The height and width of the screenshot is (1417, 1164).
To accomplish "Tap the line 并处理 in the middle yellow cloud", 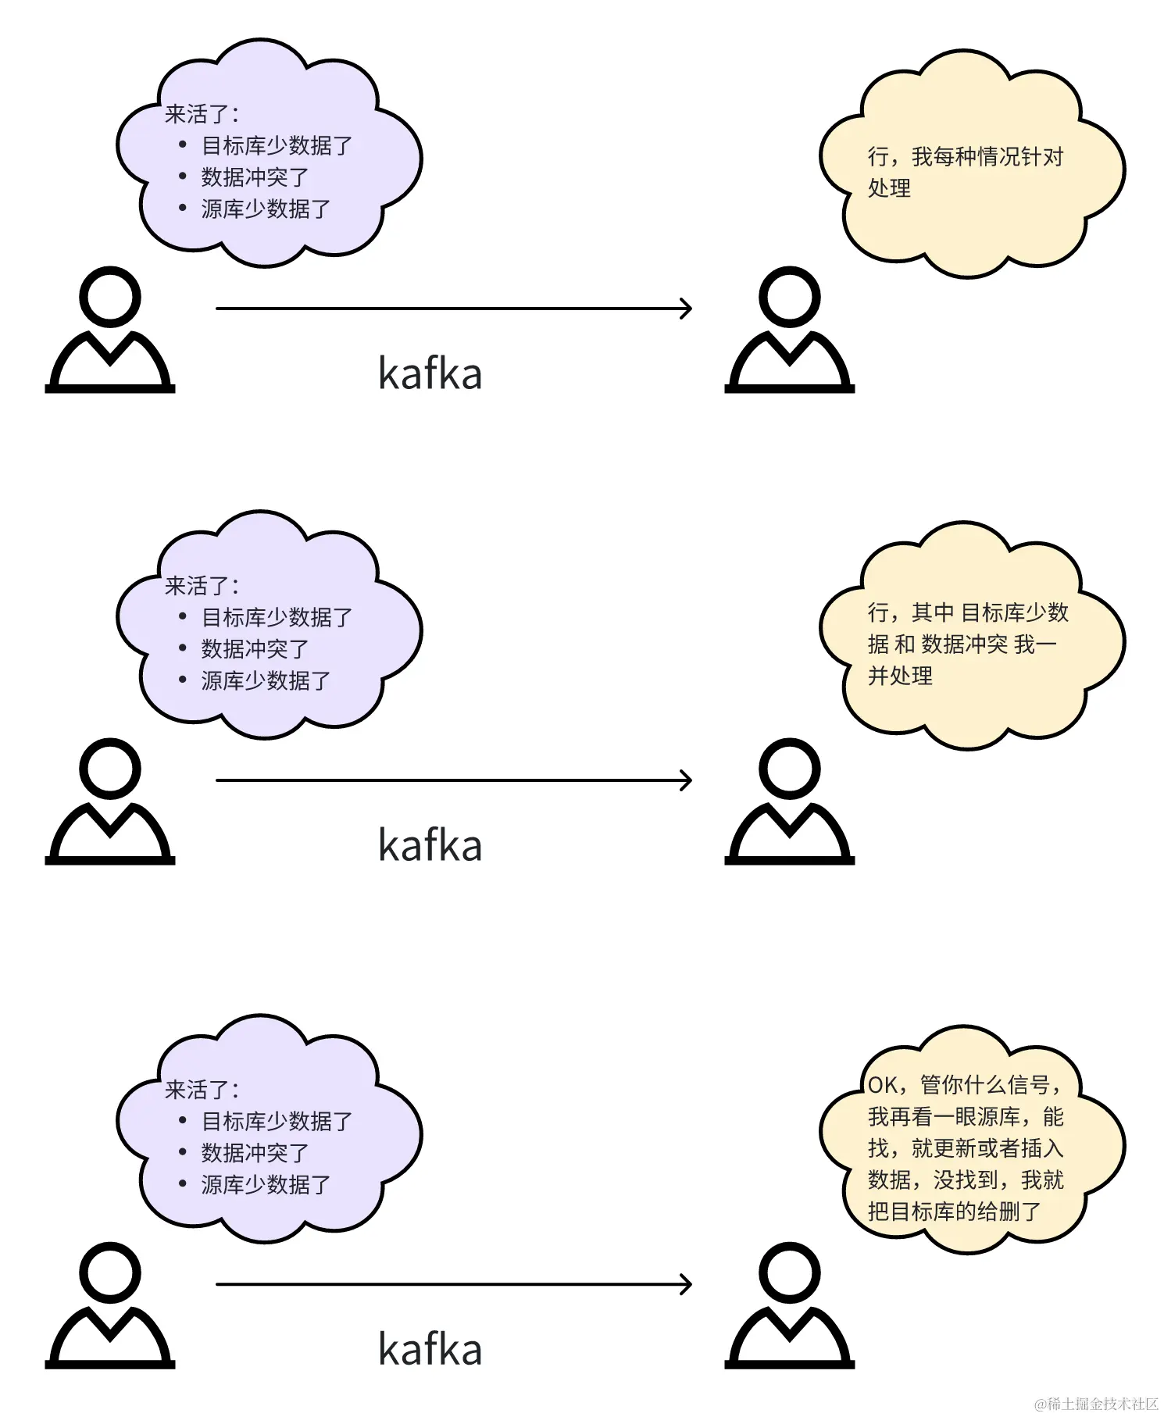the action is click(900, 676).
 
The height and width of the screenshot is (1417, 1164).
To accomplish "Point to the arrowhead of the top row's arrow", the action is click(687, 309).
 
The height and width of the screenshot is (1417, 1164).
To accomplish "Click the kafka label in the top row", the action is click(430, 373).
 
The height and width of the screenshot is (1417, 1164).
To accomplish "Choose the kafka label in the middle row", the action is click(430, 845).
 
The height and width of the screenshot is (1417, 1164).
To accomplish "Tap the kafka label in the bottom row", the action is click(430, 1349).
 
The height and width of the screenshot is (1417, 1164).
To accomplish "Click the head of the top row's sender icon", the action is click(110, 297).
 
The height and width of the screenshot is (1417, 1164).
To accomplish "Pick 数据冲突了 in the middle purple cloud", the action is click(255, 648).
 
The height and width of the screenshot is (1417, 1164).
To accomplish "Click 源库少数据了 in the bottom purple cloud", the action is click(266, 1184).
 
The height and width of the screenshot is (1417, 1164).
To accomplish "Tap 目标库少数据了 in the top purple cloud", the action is click(277, 146).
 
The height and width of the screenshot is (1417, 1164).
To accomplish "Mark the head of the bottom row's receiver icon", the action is click(790, 1272).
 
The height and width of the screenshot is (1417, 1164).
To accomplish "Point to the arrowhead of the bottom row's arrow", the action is click(687, 1284).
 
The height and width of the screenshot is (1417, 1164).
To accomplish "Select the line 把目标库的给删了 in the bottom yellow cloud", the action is click(954, 1212).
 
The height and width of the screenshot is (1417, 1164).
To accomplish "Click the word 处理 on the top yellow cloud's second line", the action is click(889, 188).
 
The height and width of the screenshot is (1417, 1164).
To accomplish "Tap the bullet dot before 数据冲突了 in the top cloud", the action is click(183, 177).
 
